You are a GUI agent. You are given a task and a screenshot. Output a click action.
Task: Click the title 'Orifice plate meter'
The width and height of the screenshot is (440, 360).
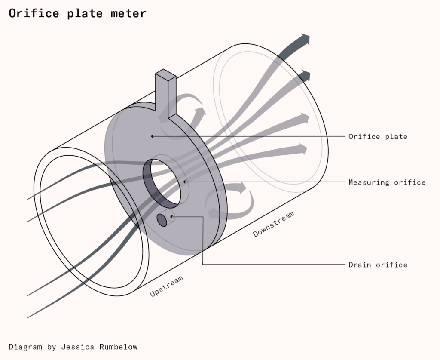(77, 13)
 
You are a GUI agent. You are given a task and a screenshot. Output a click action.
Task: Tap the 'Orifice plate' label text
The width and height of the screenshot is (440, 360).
(378, 137)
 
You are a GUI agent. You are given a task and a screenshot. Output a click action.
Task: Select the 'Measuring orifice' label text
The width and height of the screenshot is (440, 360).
(387, 182)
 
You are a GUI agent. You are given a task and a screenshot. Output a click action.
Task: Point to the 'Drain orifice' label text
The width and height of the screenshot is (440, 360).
(378, 265)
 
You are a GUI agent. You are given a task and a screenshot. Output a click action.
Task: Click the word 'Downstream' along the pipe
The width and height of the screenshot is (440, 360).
(274, 224)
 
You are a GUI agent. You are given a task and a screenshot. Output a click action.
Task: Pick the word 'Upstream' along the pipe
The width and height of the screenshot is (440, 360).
(166, 286)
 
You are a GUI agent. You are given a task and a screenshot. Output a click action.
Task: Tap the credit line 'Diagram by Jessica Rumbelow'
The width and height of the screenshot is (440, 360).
(73, 347)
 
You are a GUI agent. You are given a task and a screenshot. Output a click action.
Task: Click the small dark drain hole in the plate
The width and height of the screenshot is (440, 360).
(162, 220)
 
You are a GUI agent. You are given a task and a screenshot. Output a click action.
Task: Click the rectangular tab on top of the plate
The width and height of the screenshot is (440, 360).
(165, 92)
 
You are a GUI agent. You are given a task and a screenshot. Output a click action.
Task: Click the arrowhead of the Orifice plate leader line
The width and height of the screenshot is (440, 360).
(152, 136)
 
